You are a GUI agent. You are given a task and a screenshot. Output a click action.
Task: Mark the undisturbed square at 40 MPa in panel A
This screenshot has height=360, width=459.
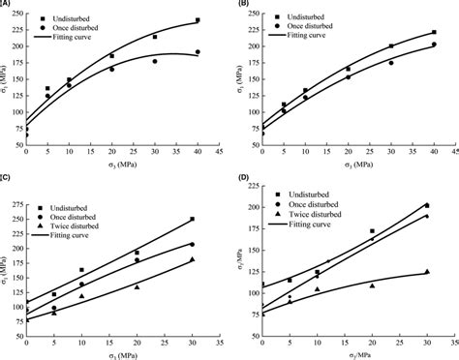pos(198,20)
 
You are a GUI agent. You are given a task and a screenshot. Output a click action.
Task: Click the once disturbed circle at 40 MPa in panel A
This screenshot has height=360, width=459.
pos(198,52)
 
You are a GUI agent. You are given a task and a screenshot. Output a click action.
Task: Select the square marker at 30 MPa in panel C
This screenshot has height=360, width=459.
pos(192,219)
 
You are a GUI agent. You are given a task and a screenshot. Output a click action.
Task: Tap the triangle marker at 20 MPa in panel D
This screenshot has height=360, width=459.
pos(372,285)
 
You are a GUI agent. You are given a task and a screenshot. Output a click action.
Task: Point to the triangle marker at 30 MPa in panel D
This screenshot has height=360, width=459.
pos(427,272)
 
